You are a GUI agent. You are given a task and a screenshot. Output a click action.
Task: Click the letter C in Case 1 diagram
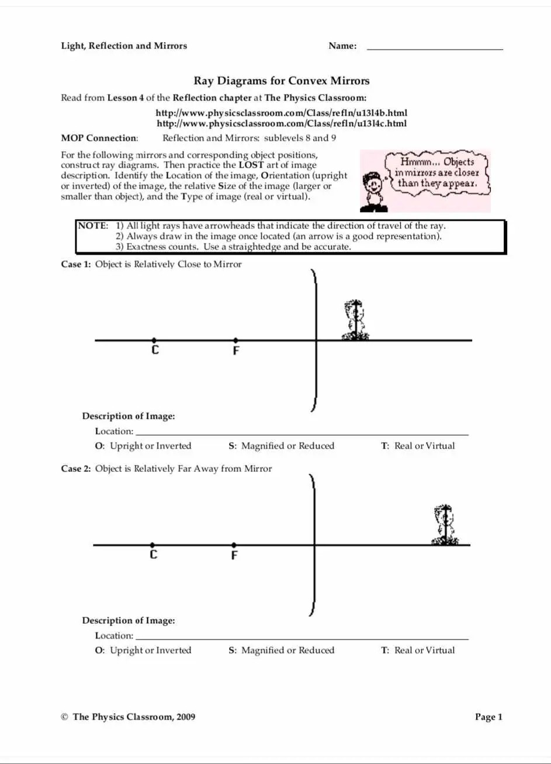point(155,350)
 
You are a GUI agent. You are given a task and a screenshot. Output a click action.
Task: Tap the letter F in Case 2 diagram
point(234,555)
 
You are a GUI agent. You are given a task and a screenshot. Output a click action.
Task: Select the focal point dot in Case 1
point(235,340)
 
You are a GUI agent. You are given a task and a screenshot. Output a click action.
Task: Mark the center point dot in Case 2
point(153,544)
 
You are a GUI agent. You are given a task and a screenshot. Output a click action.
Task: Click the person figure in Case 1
point(355,320)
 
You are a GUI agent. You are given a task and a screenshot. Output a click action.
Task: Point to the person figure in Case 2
point(445,526)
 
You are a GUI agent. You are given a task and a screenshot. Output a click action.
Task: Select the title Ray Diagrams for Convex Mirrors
point(282,81)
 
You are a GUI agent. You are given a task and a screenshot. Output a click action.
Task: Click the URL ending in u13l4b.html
point(281,113)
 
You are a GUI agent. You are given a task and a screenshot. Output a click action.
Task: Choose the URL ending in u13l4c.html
point(281,123)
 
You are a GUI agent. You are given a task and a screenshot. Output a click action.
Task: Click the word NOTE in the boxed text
point(92,225)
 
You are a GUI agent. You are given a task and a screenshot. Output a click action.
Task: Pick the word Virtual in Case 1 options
point(440,446)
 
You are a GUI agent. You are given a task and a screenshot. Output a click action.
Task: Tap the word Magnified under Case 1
point(262,446)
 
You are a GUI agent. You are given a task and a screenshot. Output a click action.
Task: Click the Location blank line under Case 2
point(302,638)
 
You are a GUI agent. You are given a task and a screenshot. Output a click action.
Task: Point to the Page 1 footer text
point(488,717)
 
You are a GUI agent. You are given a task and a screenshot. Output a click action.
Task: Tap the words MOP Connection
point(99,138)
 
